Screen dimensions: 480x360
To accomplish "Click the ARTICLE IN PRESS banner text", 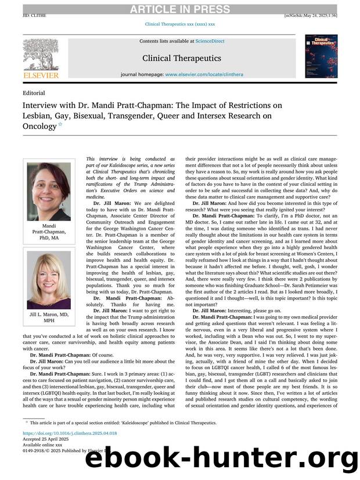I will [x=179, y=9].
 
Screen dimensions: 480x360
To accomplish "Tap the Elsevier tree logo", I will [x=41, y=55].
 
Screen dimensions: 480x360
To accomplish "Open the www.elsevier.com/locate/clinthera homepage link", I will [x=204, y=75].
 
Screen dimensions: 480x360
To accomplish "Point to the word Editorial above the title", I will [x=34, y=93].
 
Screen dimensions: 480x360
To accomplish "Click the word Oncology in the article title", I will [x=39, y=126].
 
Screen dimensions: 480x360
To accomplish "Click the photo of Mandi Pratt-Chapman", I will [x=49, y=190].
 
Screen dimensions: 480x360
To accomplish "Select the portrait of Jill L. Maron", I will [x=49, y=280].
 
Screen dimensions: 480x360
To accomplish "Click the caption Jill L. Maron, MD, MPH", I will [x=49, y=317].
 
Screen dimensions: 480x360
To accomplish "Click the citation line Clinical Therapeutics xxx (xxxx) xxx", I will [x=179, y=24].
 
